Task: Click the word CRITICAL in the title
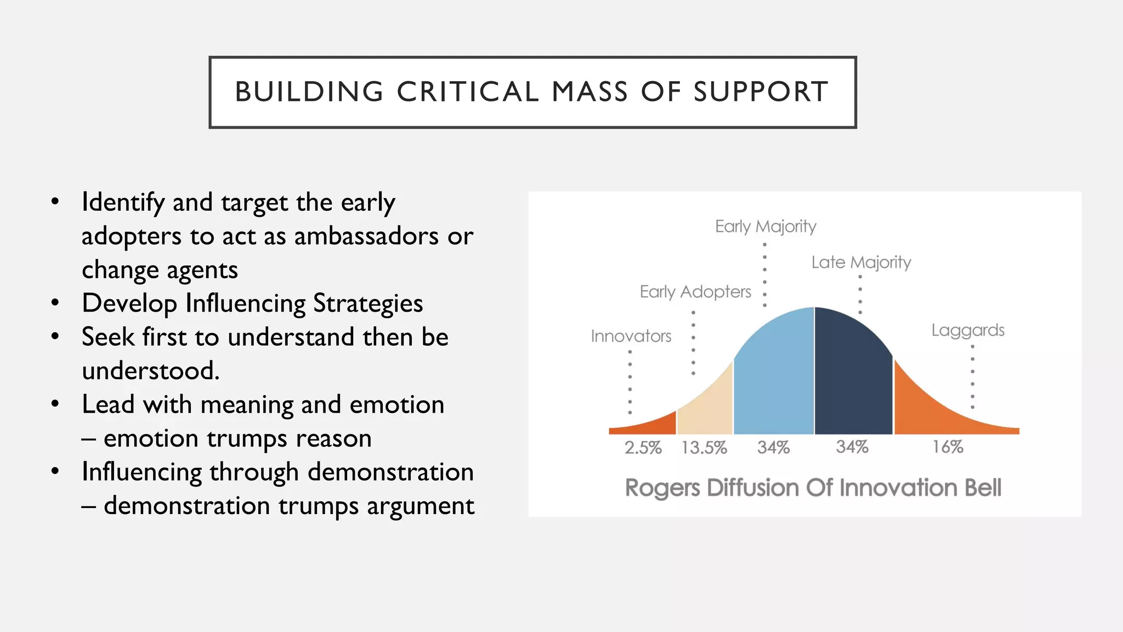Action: pos(468,92)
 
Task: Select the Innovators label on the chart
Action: pos(631,336)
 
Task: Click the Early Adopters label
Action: pos(695,291)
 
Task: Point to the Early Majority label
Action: pos(765,226)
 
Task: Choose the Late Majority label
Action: pos(861,262)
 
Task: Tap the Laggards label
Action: pos(968,330)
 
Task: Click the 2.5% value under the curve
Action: pos(643,448)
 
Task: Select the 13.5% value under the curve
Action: pos(704,448)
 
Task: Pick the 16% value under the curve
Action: pos(948,447)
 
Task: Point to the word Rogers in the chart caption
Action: pos(662,488)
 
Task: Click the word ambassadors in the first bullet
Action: pos(366,236)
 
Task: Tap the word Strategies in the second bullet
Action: pos(367,303)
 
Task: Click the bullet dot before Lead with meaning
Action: pos(55,404)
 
